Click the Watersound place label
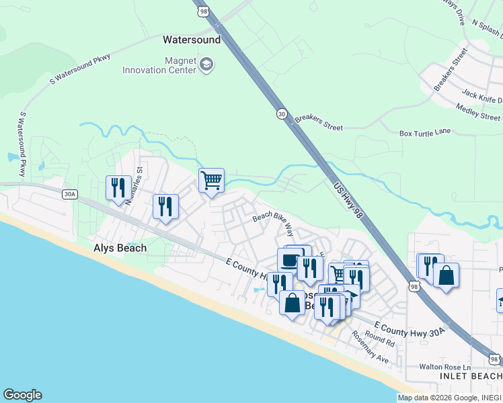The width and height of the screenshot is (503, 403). (192, 40)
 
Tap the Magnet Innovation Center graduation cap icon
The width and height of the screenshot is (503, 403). (206, 65)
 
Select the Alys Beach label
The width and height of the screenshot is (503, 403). (120, 248)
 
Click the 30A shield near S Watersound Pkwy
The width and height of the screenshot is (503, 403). (70, 195)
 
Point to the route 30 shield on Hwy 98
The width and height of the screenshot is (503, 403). (281, 115)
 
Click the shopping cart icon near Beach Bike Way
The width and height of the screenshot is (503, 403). (211, 180)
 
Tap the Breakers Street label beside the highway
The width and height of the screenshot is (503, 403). (319, 122)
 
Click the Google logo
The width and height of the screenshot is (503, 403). (22, 395)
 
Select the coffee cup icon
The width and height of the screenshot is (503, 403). (290, 259)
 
